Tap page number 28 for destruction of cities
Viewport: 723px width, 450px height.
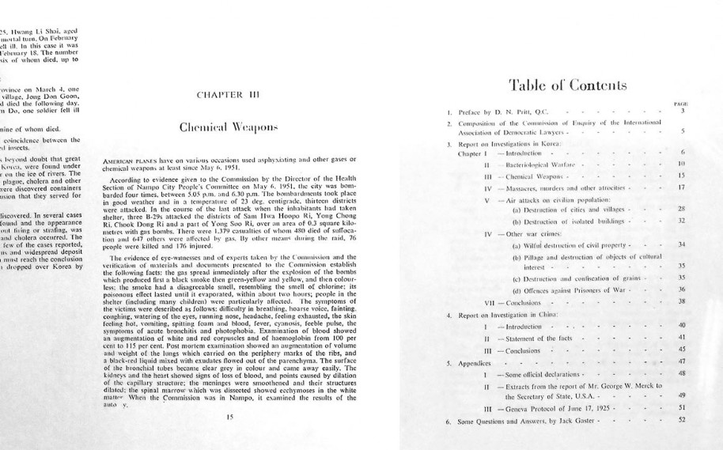point(681,208)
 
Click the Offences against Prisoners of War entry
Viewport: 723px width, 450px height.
point(574,289)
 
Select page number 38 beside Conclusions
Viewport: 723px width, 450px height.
point(681,301)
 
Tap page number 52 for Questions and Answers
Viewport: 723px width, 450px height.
point(681,419)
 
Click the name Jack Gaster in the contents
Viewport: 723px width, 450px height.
point(579,420)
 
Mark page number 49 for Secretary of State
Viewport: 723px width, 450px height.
point(681,395)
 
